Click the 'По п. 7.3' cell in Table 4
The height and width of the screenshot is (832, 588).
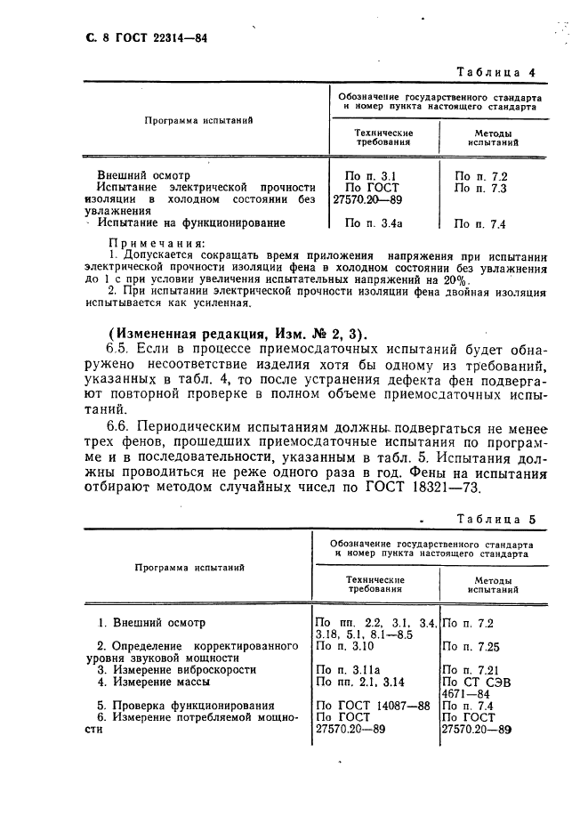(479, 188)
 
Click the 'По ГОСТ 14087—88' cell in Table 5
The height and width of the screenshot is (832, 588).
(373, 706)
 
